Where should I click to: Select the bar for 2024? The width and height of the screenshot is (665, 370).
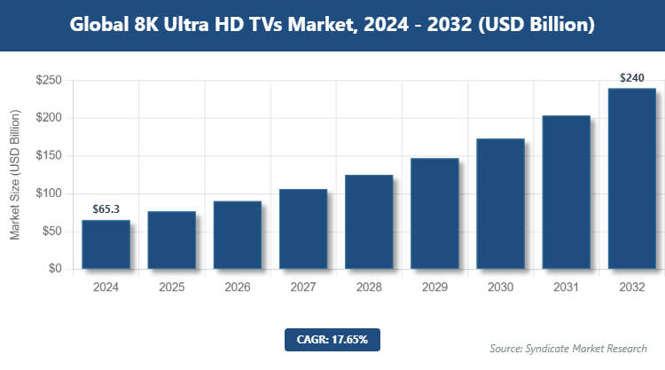pos(106,244)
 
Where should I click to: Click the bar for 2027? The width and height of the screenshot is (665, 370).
pos(303,229)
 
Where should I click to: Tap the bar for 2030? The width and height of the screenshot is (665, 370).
pos(500,203)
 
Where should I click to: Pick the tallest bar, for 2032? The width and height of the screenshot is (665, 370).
pos(631,178)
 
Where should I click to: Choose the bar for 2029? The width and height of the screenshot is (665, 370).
pos(434,213)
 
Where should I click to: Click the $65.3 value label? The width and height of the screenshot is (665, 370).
pos(106,209)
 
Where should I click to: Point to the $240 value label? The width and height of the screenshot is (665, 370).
pos(631,78)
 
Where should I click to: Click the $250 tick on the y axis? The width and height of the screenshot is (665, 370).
pos(48,81)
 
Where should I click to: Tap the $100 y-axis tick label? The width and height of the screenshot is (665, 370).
pos(48,193)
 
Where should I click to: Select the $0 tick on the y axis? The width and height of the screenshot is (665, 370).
pos(55,269)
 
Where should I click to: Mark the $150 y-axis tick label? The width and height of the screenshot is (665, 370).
pos(48,156)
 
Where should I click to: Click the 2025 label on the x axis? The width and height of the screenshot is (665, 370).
pos(171,287)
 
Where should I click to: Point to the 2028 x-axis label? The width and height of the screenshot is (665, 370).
pos(369,287)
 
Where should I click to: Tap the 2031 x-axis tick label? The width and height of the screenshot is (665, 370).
pos(566,287)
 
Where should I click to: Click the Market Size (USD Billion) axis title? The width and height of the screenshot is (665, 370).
pos(15,175)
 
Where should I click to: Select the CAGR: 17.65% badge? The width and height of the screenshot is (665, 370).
pos(332,339)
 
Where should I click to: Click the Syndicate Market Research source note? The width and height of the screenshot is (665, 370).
pos(568,348)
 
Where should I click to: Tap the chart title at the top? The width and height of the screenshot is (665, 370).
pos(332,25)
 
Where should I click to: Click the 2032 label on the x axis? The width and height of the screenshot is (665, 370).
pos(631,287)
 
